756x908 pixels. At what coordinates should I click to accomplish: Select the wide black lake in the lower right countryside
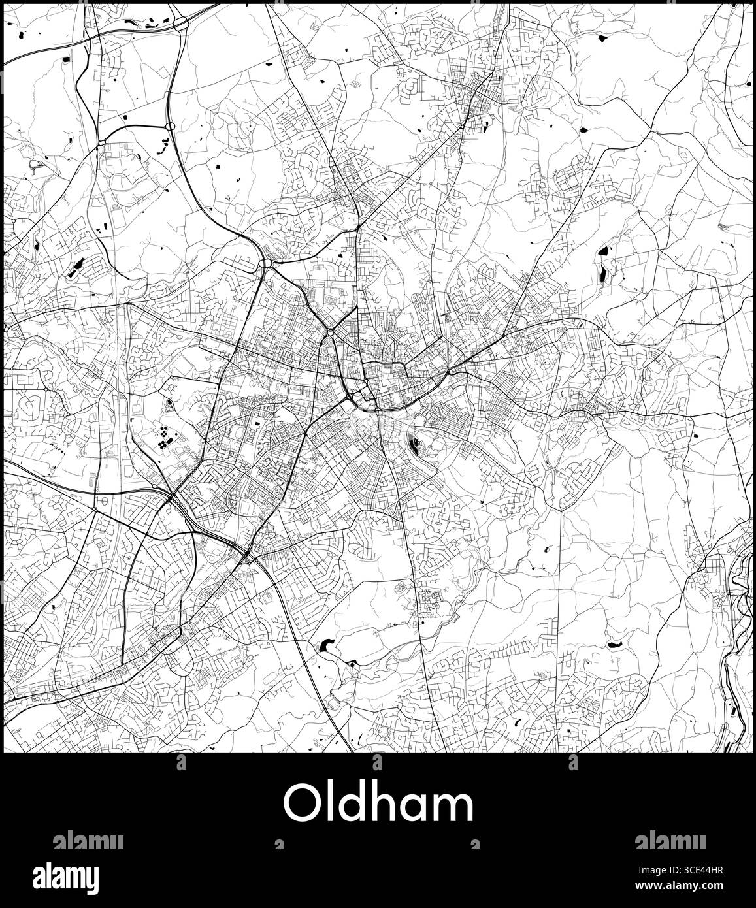[x=614, y=644]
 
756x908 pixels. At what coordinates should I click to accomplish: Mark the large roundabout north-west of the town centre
[x=265, y=263]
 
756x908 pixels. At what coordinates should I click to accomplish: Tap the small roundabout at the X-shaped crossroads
[x=331, y=332]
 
